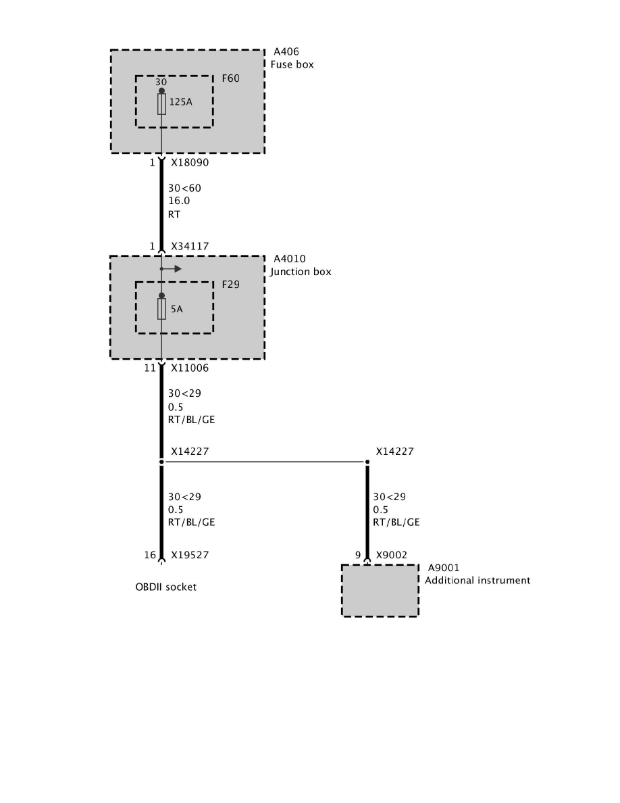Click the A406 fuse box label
pos(285,52)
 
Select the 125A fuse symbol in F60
pos(161,104)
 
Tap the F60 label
pos(231,78)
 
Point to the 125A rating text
pos(180,103)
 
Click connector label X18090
pos(190,163)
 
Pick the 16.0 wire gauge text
pos(179,201)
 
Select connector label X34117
pos(190,247)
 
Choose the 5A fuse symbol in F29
pos(161,309)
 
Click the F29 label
pos(231,285)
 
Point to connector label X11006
pos(190,368)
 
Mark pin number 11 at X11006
pos(149,368)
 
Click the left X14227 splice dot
pos(161,462)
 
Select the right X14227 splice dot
pos(367,462)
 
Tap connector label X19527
pos(190,555)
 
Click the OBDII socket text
pos(165,587)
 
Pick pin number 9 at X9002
pos(358,555)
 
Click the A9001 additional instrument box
pos(380,590)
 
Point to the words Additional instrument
pos(477,581)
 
